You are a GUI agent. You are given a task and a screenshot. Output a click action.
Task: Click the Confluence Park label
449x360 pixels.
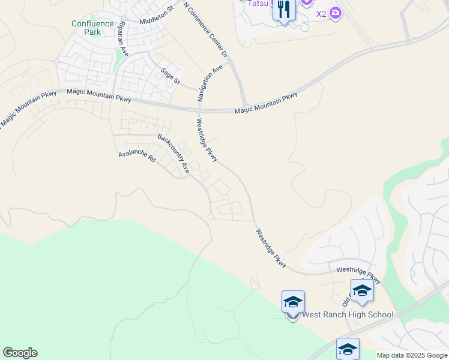(x=92, y=28)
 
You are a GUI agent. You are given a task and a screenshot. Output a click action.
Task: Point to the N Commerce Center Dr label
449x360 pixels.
(x=206, y=30)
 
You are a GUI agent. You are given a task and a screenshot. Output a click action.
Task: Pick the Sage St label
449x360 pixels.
(x=170, y=76)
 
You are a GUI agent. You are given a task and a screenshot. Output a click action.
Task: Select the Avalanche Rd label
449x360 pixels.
(x=137, y=157)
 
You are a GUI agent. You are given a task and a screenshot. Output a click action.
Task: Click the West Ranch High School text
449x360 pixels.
(x=348, y=314)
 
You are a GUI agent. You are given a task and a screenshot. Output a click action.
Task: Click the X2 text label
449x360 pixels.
(x=321, y=13)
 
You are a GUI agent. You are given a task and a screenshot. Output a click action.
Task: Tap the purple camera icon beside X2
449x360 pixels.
(x=336, y=13)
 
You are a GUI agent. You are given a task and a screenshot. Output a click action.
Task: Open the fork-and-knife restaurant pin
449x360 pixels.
(x=284, y=10)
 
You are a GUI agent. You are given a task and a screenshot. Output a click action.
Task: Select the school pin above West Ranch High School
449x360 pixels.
(x=293, y=302)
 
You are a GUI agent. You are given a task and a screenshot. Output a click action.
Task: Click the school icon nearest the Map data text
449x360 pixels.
(x=348, y=349)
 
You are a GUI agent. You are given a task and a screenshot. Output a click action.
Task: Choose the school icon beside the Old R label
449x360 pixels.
(x=361, y=291)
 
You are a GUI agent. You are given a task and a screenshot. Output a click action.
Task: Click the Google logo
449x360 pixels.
(x=20, y=353)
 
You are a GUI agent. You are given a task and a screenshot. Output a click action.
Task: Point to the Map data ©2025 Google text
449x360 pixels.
(x=411, y=355)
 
